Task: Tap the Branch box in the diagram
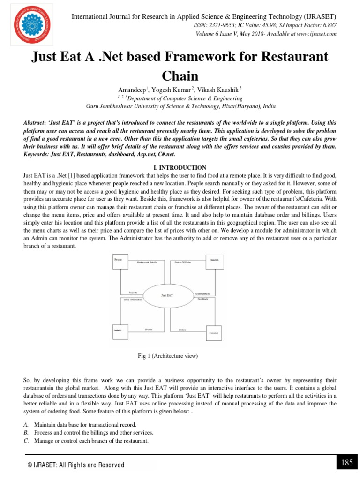(x=214, y=262)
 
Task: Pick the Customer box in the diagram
(x=213, y=332)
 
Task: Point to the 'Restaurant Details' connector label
(x=147, y=263)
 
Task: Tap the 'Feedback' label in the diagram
(x=202, y=299)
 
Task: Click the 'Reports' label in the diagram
(x=133, y=293)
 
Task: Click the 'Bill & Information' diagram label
(x=133, y=299)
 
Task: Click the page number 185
(x=346, y=463)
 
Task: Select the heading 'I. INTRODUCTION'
(x=180, y=167)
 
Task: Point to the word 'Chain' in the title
(x=180, y=75)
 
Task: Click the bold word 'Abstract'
(x=37, y=122)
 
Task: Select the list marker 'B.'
(x=26, y=432)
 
